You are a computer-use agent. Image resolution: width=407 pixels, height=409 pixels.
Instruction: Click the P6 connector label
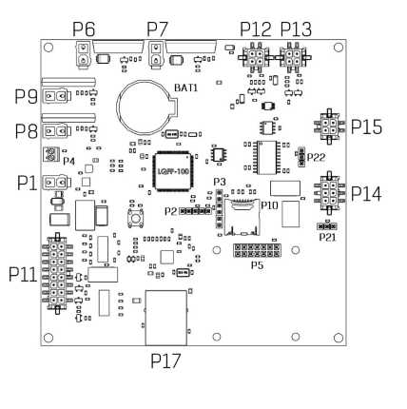pyautogui.click(x=84, y=29)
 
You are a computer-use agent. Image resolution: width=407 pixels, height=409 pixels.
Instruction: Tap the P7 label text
pyautogui.click(x=157, y=29)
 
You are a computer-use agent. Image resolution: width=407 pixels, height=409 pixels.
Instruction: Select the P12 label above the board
pyautogui.click(x=256, y=29)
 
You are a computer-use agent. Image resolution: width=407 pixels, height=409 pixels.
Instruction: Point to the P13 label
pyautogui.click(x=297, y=29)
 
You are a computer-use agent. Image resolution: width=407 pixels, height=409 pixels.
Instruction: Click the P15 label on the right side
pyautogui.click(x=366, y=127)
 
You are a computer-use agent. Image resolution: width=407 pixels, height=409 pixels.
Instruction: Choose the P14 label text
pyautogui.click(x=366, y=194)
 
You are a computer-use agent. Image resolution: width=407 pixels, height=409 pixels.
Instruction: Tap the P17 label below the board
pyautogui.click(x=165, y=360)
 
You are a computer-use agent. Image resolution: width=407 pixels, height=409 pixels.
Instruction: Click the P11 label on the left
pyautogui.click(x=23, y=275)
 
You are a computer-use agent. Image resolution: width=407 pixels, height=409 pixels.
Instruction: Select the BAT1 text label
pyautogui.click(x=186, y=88)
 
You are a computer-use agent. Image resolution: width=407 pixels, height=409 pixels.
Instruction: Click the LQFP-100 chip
pyautogui.click(x=173, y=171)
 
